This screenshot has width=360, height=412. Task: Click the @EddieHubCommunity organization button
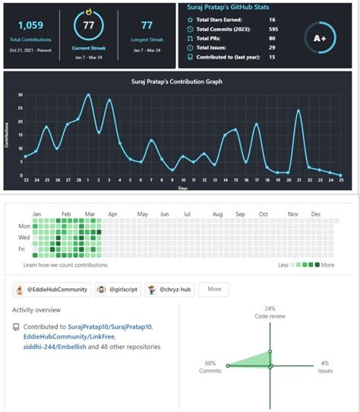pyautogui.click(x=51, y=289)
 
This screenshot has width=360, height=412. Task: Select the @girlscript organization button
pyautogui.click(x=118, y=289)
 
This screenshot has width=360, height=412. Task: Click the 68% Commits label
pyautogui.click(x=211, y=366)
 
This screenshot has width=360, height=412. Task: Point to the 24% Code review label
pyautogui.click(x=270, y=312)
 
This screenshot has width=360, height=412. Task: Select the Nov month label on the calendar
pyautogui.click(x=292, y=215)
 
